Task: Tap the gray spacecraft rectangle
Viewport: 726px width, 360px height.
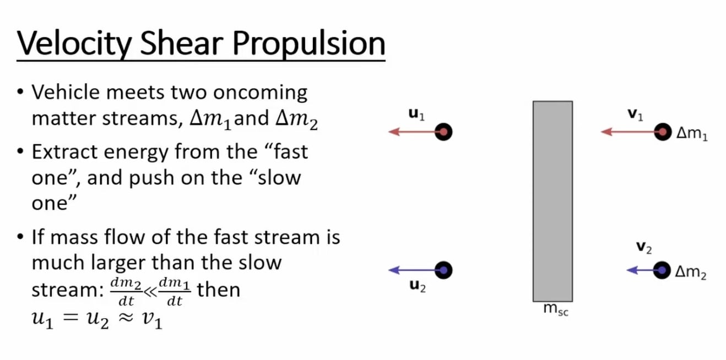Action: (x=552, y=201)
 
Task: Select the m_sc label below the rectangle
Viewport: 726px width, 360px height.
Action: (x=555, y=310)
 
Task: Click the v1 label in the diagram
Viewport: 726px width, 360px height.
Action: (x=635, y=114)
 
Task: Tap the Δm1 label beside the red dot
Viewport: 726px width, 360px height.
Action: (x=691, y=134)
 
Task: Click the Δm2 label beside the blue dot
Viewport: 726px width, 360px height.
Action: (x=691, y=272)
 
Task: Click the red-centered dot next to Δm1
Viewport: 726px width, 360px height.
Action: (x=663, y=132)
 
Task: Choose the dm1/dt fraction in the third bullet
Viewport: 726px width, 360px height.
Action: (x=174, y=292)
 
